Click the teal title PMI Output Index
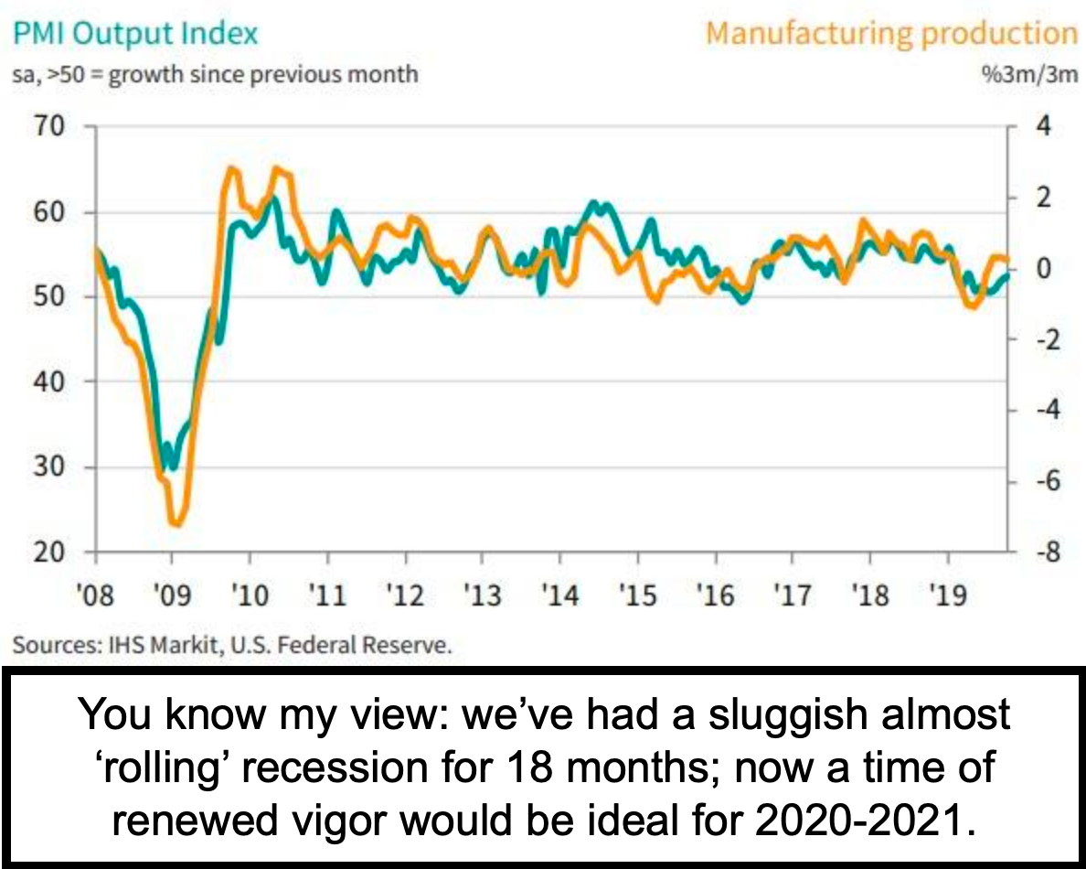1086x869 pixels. (136, 35)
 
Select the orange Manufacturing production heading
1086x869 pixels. (892, 34)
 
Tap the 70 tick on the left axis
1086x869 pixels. (50, 126)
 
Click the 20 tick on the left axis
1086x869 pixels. (50, 553)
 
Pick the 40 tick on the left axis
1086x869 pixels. (50, 381)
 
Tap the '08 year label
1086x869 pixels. (95, 597)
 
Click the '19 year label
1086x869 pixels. (948, 597)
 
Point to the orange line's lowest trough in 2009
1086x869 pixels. (176, 524)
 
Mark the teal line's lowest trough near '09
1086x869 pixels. (170, 467)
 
